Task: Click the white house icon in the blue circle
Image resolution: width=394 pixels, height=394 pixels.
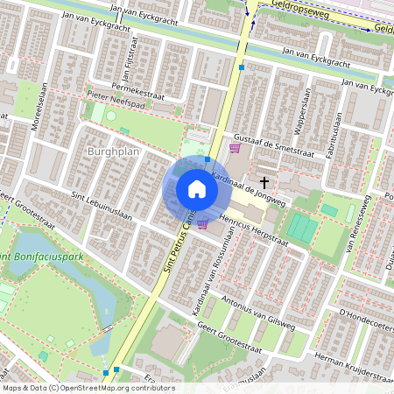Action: [197, 189]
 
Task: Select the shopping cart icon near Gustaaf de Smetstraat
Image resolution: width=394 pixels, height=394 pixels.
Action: [234, 148]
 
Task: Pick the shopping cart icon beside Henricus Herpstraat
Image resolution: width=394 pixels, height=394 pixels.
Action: [203, 225]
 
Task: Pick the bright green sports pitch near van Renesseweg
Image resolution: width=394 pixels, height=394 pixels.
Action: [302, 228]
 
